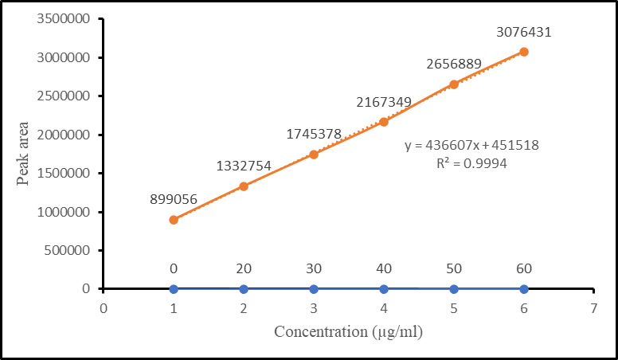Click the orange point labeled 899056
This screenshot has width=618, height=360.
[x=174, y=220]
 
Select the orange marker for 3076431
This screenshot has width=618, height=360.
[x=523, y=52]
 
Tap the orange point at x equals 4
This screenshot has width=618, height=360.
[x=384, y=122]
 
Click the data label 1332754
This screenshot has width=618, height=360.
[x=244, y=166]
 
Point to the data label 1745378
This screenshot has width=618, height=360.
[x=314, y=135]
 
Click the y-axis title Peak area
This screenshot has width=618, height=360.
[x=25, y=154]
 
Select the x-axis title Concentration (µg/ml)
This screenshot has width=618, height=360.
[x=348, y=331]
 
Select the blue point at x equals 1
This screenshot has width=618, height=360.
[x=174, y=289]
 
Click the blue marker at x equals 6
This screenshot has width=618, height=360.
[x=523, y=289]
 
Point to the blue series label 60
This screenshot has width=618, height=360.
[x=523, y=269]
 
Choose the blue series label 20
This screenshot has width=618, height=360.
[x=244, y=269]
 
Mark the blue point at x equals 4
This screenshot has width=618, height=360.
[x=384, y=289]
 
